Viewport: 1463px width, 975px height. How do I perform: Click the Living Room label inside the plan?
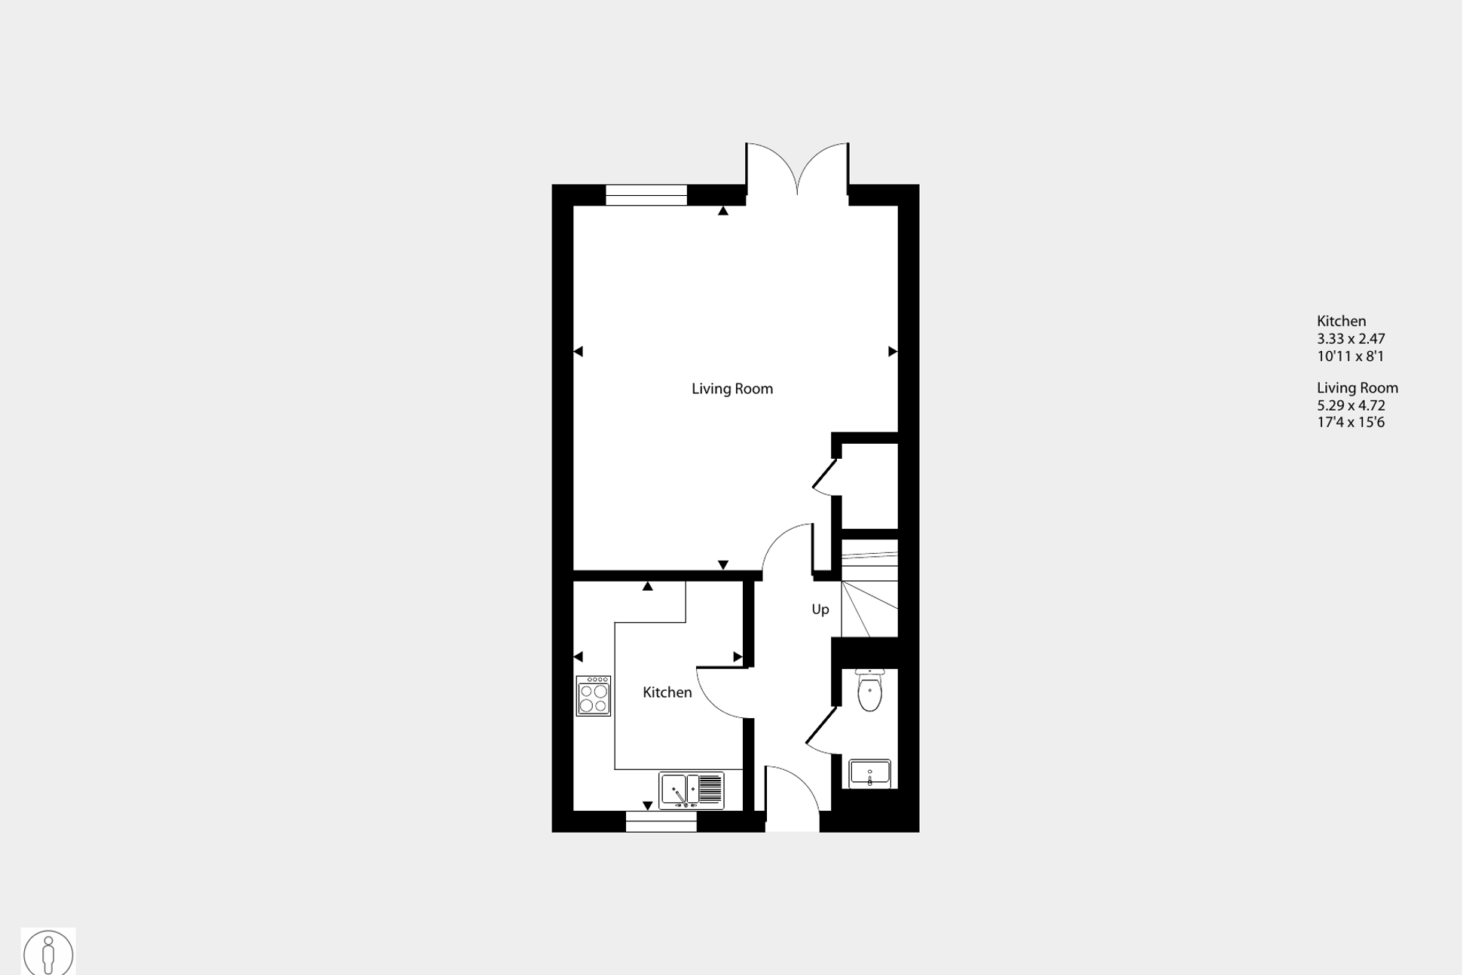pyautogui.click(x=731, y=389)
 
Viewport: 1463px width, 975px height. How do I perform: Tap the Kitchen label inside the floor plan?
pyautogui.click(x=667, y=692)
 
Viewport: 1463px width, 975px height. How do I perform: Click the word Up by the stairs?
pyautogui.click(x=820, y=610)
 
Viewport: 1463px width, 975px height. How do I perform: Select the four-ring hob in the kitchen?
pyautogui.click(x=593, y=695)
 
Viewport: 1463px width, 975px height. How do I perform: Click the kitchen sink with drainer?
pyautogui.click(x=691, y=790)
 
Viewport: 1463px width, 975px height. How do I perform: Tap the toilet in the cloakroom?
pyautogui.click(x=869, y=690)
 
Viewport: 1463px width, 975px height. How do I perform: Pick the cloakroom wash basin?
pyautogui.click(x=869, y=773)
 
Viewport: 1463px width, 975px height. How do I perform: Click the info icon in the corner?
pyautogui.click(x=48, y=952)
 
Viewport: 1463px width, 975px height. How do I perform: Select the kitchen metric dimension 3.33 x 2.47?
pyautogui.click(x=1350, y=339)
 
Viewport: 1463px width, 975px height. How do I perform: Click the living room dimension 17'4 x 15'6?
pyautogui.click(x=1350, y=423)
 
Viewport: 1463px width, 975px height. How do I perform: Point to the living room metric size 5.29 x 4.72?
pyautogui.click(x=1350, y=405)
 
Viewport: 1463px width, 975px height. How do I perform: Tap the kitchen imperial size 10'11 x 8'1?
pyautogui.click(x=1350, y=356)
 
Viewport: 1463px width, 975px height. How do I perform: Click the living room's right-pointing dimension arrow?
pyautogui.click(x=893, y=351)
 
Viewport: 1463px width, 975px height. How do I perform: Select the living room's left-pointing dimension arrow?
pyautogui.click(x=578, y=351)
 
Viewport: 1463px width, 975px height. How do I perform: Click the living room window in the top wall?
pyautogui.click(x=646, y=195)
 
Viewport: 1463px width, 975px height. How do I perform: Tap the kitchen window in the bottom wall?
pyautogui.click(x=661, y=822)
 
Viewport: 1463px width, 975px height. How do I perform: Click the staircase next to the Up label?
pyautogui.click(x=869, y=595)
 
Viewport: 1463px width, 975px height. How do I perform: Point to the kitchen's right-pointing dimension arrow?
pyautogui.click(x=738, y=657)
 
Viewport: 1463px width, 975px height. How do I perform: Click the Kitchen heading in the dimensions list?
pyautogui.click(x=1341, y=321)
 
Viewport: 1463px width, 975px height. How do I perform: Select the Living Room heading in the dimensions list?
pyautogui.click(x=1357, y=388)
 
